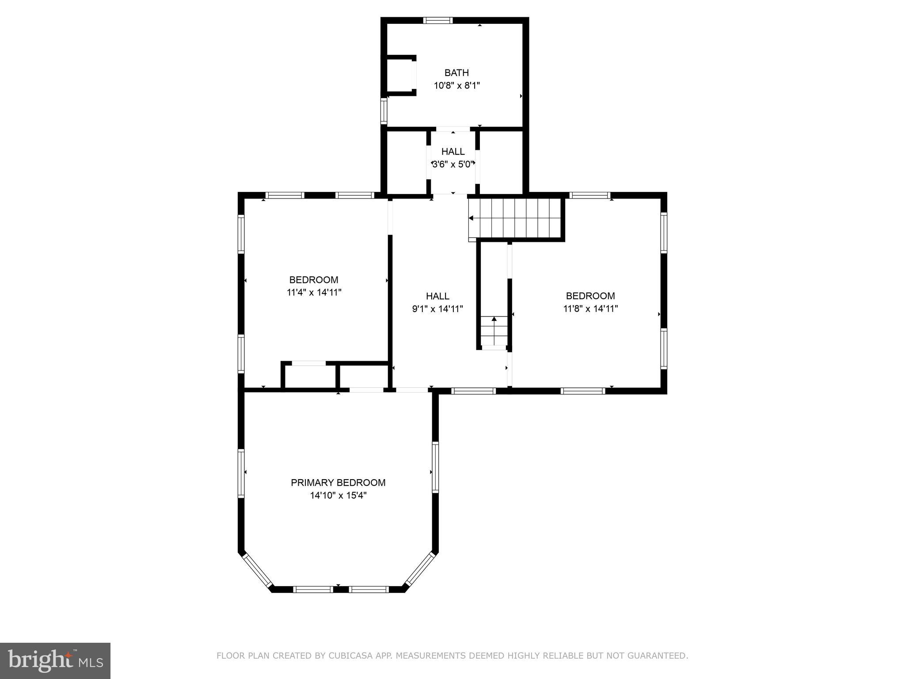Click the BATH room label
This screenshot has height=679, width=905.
[456, 72]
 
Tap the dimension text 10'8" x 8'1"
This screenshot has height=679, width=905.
[456, 85]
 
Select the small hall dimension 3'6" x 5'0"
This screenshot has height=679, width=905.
[453, 164]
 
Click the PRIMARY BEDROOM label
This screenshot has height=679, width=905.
[338, 483]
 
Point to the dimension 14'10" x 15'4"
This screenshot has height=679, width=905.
[338, 496]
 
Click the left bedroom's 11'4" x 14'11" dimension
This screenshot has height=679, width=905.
[314, 292]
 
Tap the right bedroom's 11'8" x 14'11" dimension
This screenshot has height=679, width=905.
[590, 309]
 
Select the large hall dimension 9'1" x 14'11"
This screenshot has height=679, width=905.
[437, 309]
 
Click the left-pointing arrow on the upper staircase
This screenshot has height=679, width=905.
[472, 218]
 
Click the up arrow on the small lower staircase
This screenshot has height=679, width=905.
[494, 319]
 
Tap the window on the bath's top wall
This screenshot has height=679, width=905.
[437, 20]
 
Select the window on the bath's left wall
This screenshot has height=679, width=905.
[384, 111]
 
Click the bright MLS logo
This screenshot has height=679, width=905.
[55, 660]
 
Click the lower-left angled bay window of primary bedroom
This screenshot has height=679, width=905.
[257, 572]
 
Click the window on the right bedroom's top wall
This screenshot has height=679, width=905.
[589, 195]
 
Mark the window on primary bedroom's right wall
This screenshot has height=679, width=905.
[435, 467]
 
